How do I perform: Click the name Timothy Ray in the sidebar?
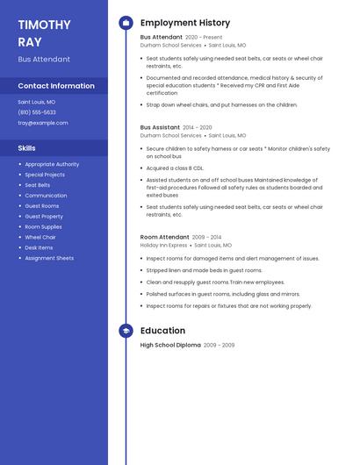(44, 32)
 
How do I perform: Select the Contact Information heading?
(56, 86)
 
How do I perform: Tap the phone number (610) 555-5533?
(37, 112)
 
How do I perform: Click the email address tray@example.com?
(43, 123)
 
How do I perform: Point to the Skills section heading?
(26, 148)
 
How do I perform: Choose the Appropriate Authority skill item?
(52, 164)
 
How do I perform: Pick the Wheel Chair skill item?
(40, 237)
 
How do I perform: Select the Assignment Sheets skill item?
(49, 258)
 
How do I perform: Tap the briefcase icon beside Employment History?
(126, 23)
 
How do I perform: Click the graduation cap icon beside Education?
(126, 331)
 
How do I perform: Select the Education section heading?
(162, 331)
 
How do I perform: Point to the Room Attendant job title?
(164, 237)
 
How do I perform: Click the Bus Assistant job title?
(160, 127)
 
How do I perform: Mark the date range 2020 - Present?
(204, 38)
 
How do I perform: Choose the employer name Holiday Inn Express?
(163, 246)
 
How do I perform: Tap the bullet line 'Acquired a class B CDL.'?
(175, 168)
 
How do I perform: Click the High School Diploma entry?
(170, 346)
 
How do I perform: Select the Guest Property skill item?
(44, 216)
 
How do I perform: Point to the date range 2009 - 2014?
(207, 237)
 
